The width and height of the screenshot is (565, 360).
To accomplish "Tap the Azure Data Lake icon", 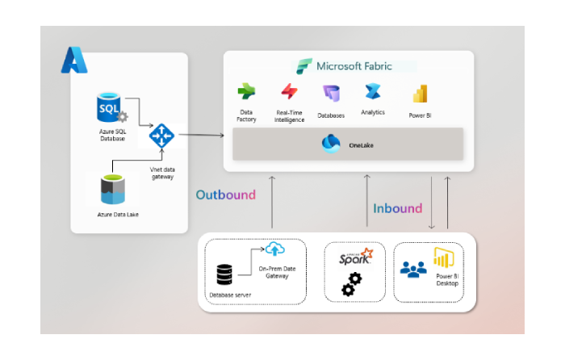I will [112, 190].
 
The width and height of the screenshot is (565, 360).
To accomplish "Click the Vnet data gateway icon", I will [162, 135].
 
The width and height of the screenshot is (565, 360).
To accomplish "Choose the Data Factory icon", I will [246, 92].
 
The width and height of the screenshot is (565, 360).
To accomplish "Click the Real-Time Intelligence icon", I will [289, 92].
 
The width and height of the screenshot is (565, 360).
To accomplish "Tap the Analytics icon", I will [373, 92].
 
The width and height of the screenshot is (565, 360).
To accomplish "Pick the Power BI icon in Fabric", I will [420, 94].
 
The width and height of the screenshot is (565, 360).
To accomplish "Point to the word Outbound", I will [225, 195].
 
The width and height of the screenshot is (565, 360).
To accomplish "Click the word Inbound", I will [397, 208].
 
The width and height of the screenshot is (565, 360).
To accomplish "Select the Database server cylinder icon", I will [225, 275].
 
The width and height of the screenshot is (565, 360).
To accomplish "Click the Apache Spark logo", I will [355, 257].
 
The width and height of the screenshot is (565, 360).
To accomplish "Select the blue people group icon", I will [413, 270].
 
